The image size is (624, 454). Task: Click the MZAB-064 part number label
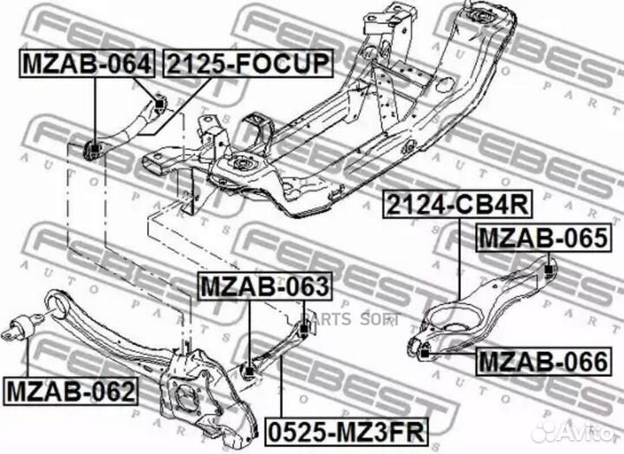click(87, 63)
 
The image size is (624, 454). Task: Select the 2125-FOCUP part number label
click(248, 63)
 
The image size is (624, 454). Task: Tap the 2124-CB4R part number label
click(458, 204)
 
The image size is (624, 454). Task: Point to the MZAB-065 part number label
click(543, 237)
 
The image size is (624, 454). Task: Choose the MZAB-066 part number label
click(543, 361)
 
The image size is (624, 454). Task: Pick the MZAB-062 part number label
click(71, 391)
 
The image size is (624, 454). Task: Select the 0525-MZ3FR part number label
click(346, 432)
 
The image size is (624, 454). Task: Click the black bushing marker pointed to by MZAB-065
click(549, 269)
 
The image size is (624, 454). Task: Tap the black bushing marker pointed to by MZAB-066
click(425, 353)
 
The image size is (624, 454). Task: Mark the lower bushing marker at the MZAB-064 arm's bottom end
click(94, 149)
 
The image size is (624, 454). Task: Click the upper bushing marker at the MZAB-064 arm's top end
click(159, 104)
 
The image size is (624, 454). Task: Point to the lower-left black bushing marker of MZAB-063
click(249, 373)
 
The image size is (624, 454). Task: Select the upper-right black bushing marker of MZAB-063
click(304, 329)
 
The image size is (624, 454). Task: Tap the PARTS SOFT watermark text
click(350, 319)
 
